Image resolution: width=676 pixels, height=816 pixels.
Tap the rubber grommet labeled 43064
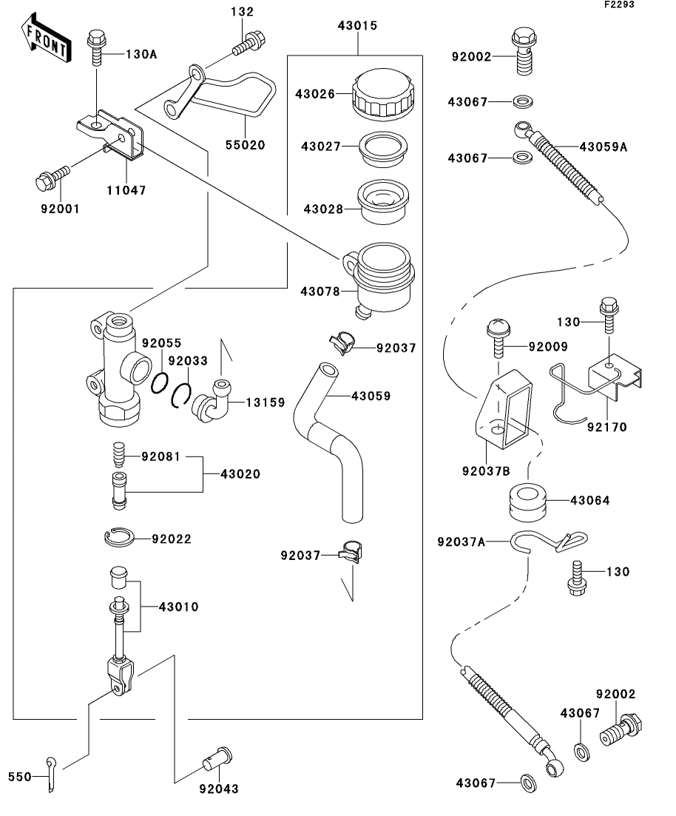click(527, 501)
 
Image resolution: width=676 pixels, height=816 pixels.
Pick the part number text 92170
click(606, 427)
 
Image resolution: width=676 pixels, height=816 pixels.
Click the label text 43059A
click(603, 146)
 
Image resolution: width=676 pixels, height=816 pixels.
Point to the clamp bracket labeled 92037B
click(502, 411)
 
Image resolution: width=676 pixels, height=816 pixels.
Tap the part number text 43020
click(240, 473)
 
